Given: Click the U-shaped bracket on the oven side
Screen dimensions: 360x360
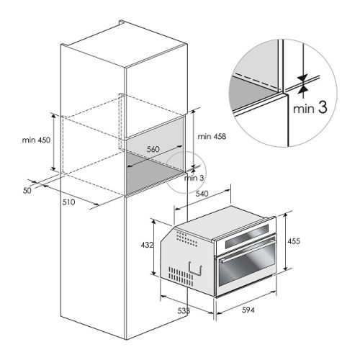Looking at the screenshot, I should pyautogui.click(x=192, y=266).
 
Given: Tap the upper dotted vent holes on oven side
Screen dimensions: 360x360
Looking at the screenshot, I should pyautogui.click(x=186, y=237).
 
